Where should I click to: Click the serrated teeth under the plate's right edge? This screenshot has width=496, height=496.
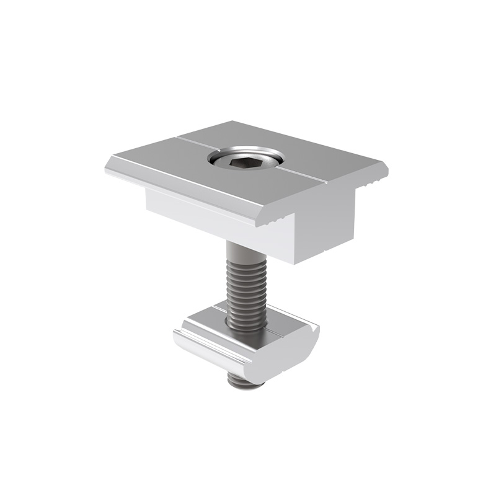click(373, 182)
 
